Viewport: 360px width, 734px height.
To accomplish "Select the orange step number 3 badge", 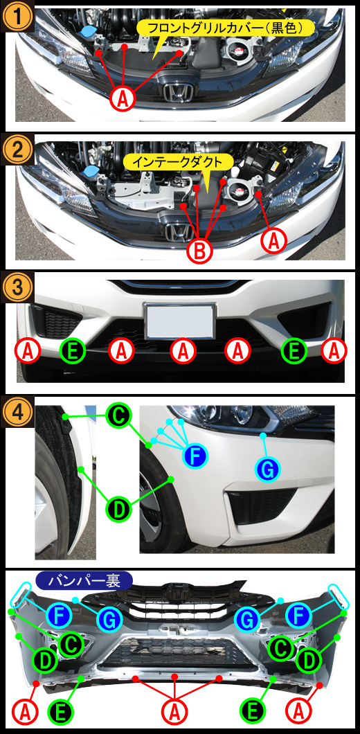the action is pos(18,285).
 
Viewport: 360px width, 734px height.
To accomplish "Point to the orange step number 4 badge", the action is pos(18,411).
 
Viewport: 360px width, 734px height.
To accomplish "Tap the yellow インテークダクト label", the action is pos(179,163).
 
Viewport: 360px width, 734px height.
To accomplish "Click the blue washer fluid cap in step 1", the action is pos(87,33).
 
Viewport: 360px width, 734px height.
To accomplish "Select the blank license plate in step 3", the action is pos(180,321).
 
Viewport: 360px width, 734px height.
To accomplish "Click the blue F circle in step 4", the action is pos(196,456).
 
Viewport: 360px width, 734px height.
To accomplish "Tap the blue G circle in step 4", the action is pos(267,469).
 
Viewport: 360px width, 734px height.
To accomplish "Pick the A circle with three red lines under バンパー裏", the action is pos(174,713).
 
